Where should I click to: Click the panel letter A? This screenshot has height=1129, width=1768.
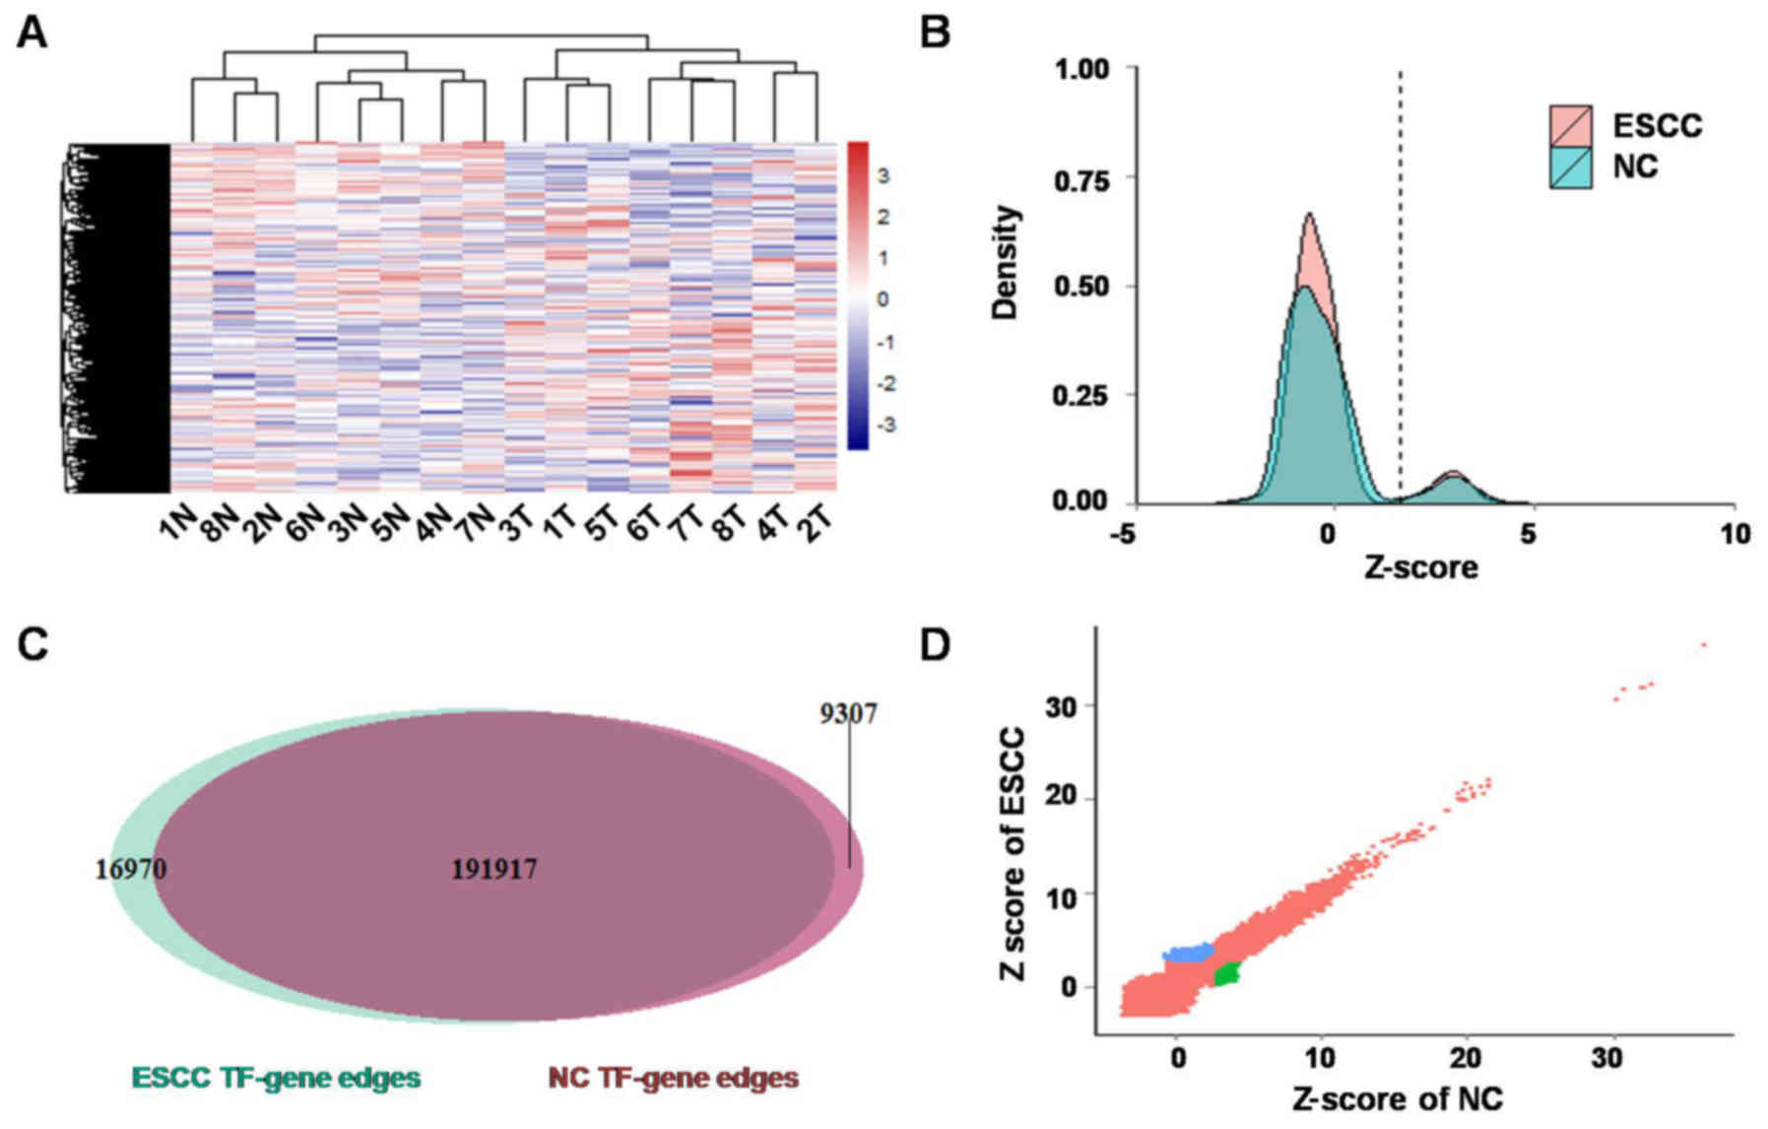point(32,33)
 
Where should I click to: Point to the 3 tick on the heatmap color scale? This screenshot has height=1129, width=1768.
point(884,176)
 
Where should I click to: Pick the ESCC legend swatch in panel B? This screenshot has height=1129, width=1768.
point(1570,126)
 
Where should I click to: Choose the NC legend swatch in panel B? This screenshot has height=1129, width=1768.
point(1570,167)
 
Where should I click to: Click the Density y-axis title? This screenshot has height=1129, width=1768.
point(1006,262)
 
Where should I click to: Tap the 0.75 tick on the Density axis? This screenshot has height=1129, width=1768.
point(1080,180)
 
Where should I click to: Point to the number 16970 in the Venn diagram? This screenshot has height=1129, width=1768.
point(131,869)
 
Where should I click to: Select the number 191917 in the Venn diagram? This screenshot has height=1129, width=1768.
point(494,869)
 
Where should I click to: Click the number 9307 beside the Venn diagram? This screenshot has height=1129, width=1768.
point(848,712)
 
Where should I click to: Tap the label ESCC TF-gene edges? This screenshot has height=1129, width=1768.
point(276,1078)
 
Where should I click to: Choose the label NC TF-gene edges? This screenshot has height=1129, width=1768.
point(673,1078)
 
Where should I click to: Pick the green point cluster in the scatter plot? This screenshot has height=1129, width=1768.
point(1227,975)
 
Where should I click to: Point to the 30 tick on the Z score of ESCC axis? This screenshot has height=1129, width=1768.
point(1062,706)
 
